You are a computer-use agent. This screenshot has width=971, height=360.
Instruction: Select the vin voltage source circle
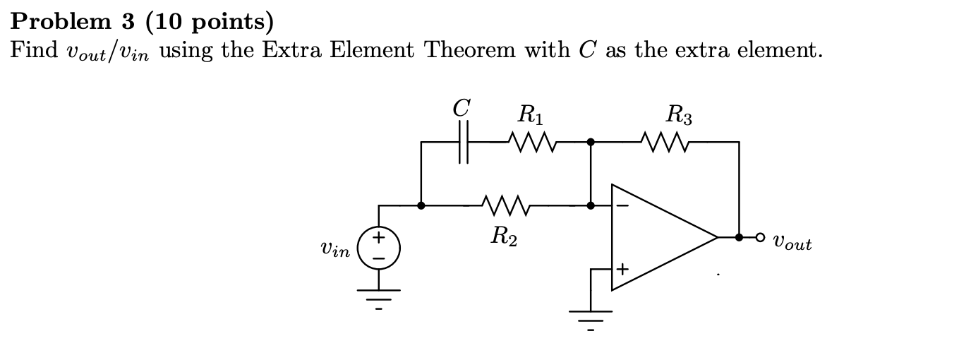[x=379, y=249]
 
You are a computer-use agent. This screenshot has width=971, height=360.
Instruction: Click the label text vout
[x=792, y=244]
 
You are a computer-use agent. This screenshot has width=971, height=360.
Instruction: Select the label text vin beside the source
[x=334, y=250]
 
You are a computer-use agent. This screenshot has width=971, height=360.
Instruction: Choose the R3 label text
[x=679, y=113]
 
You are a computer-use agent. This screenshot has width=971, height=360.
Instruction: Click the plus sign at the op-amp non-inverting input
[x=622, y=269]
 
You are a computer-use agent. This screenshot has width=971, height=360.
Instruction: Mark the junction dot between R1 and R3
[x=591, y=142]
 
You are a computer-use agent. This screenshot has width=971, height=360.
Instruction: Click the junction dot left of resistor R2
[x=421, y=206]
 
